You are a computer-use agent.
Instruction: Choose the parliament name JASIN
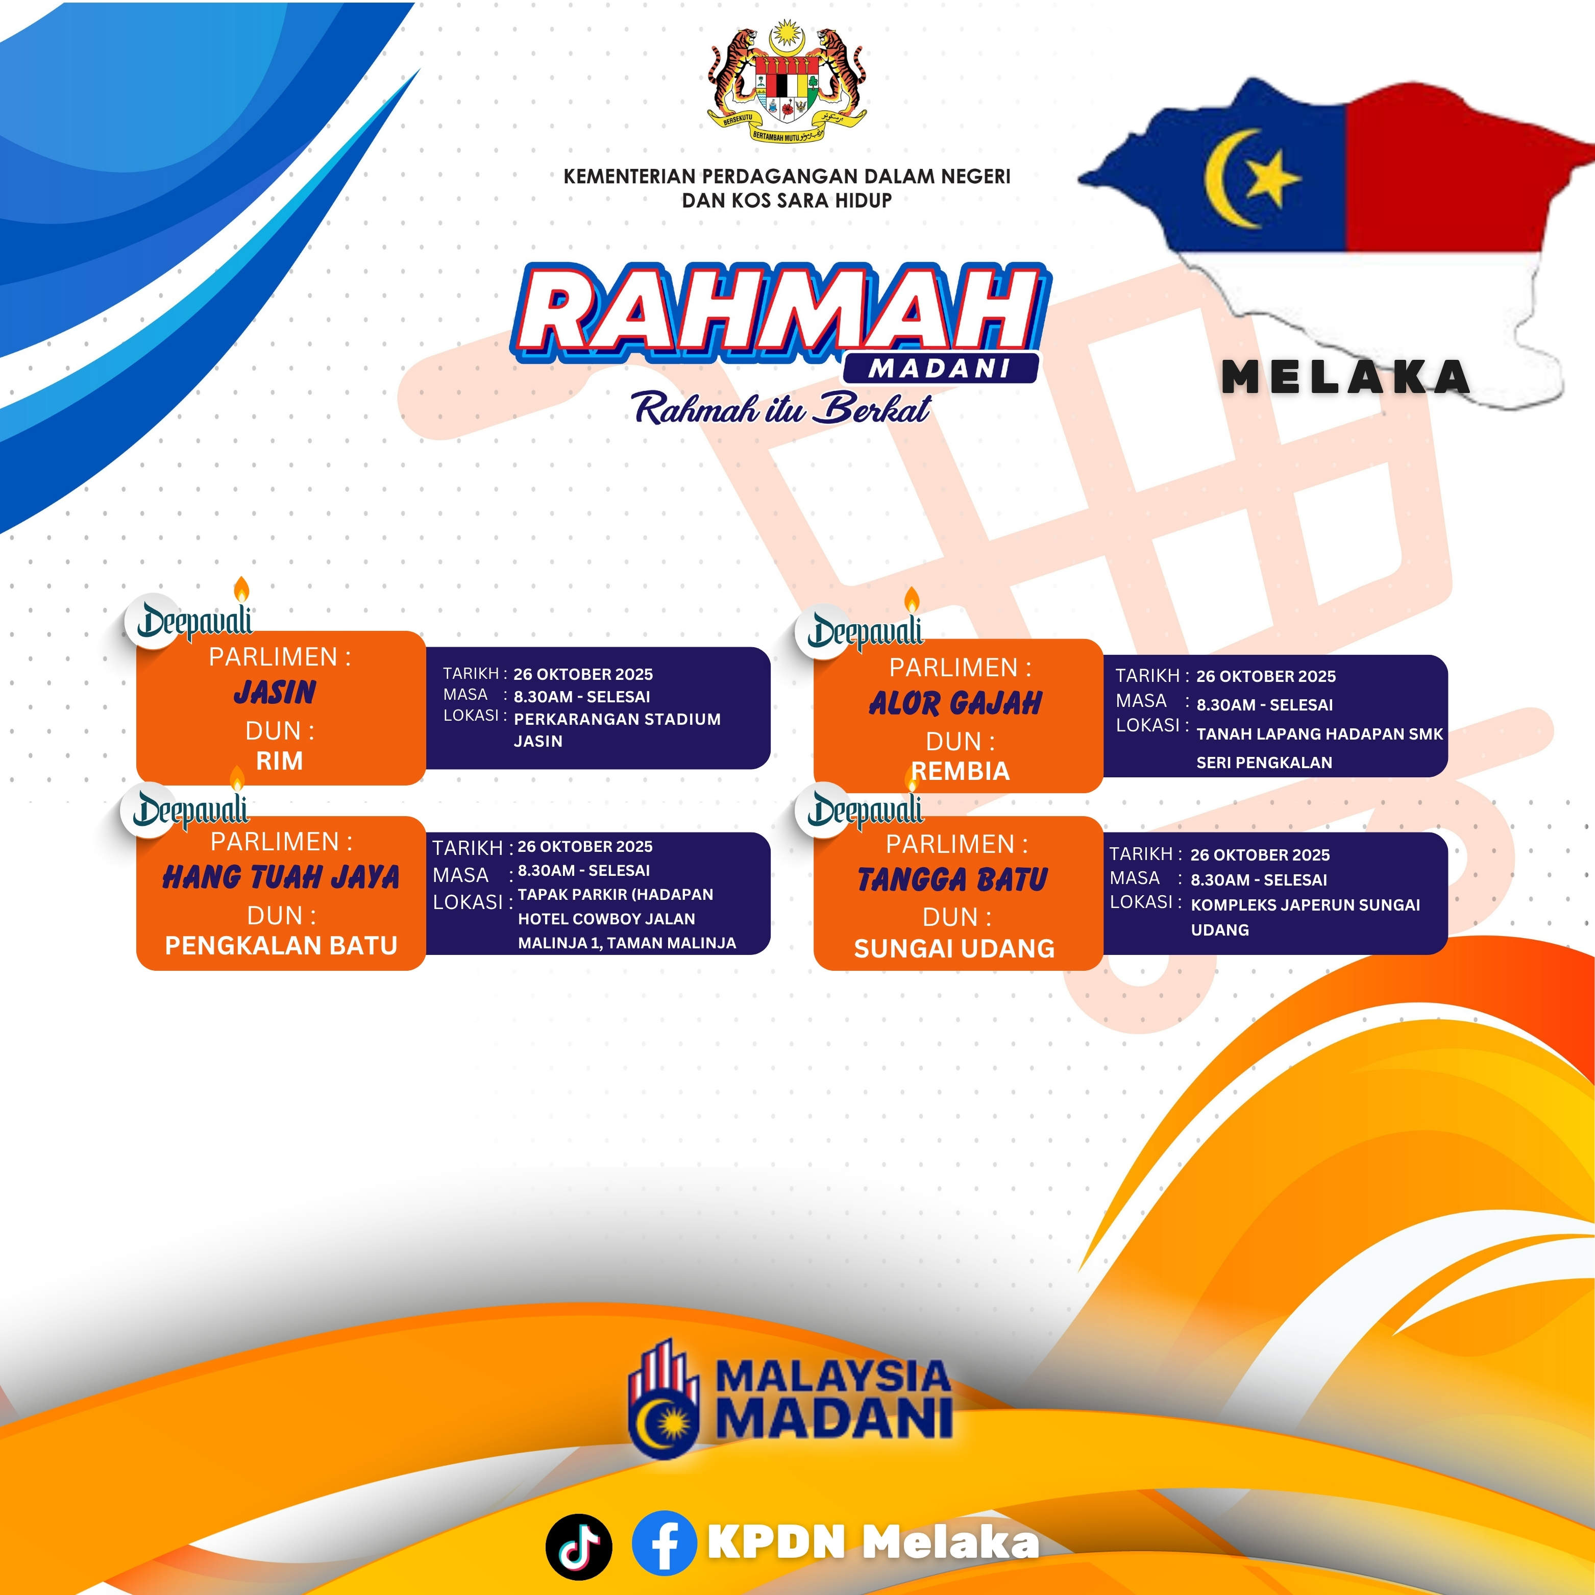pos(275,692)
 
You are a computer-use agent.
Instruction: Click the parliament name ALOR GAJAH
pos(955,703)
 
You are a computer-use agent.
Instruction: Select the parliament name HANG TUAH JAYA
pos(281,877)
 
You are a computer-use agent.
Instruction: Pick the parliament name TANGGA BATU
pos(953,880)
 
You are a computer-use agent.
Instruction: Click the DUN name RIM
pos(280,761)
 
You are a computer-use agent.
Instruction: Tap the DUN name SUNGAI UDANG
pos(954,949)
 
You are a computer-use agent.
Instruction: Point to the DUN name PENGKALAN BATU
pos(282,945)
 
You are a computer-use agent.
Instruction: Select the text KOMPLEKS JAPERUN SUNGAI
pos(1305,905)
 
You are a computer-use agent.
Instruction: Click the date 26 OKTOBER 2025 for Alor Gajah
pos(1266,676)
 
